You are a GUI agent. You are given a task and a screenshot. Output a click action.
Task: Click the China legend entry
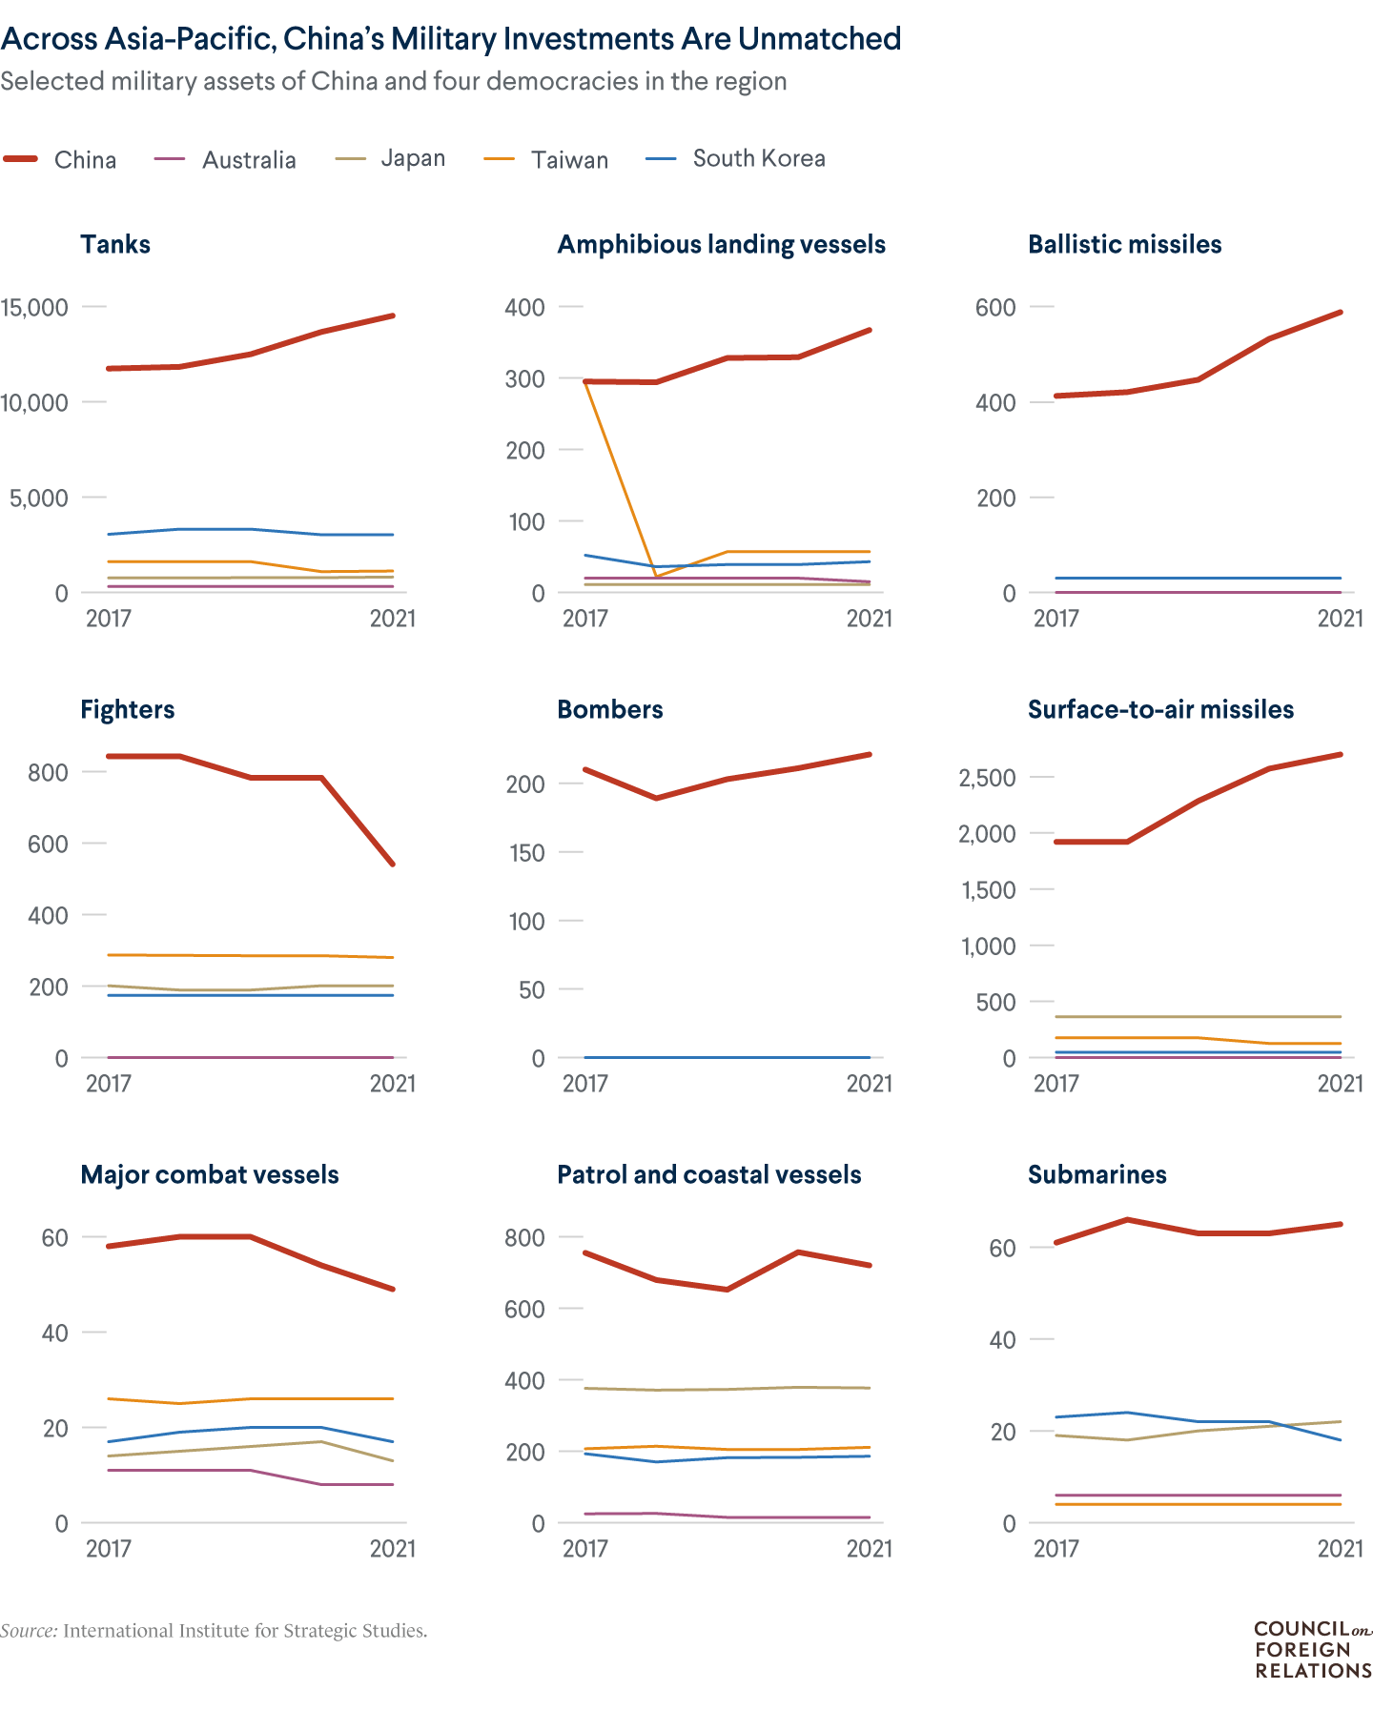(84, 159)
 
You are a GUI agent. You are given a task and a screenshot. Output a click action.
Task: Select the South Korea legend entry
(758, 158)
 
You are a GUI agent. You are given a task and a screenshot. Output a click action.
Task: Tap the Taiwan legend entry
(569, 159)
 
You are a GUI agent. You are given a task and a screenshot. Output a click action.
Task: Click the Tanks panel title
(115, 244)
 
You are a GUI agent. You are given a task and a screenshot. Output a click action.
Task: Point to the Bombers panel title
(609, 709)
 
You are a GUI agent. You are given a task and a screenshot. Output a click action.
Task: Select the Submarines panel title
(1096, 1174)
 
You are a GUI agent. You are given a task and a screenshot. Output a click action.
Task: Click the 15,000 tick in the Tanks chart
(34, 307)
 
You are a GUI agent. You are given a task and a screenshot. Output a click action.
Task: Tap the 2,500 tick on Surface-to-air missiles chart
(987, 778)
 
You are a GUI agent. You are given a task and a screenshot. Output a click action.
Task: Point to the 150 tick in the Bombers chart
(525, 852)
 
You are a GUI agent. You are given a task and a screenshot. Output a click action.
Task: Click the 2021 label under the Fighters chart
(392, 1083)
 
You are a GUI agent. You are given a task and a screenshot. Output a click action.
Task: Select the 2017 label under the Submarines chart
(1055, 1548)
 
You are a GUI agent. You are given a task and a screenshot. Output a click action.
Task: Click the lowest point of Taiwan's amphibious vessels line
(656, 577)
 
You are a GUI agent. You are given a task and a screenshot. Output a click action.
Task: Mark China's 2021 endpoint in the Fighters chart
(393, 864)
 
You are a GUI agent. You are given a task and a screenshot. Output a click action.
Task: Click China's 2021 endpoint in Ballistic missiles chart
(1340, 313)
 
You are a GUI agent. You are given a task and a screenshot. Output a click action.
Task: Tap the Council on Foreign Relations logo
(1312, 1650)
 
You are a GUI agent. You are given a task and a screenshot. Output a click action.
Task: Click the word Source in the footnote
(29, 1631)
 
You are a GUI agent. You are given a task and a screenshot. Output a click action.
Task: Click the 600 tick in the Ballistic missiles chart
(995, 307)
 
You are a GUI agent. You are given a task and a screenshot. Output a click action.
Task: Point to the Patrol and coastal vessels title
(708, 1174)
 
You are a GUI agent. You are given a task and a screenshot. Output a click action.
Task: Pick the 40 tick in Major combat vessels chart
(54, 1333)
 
